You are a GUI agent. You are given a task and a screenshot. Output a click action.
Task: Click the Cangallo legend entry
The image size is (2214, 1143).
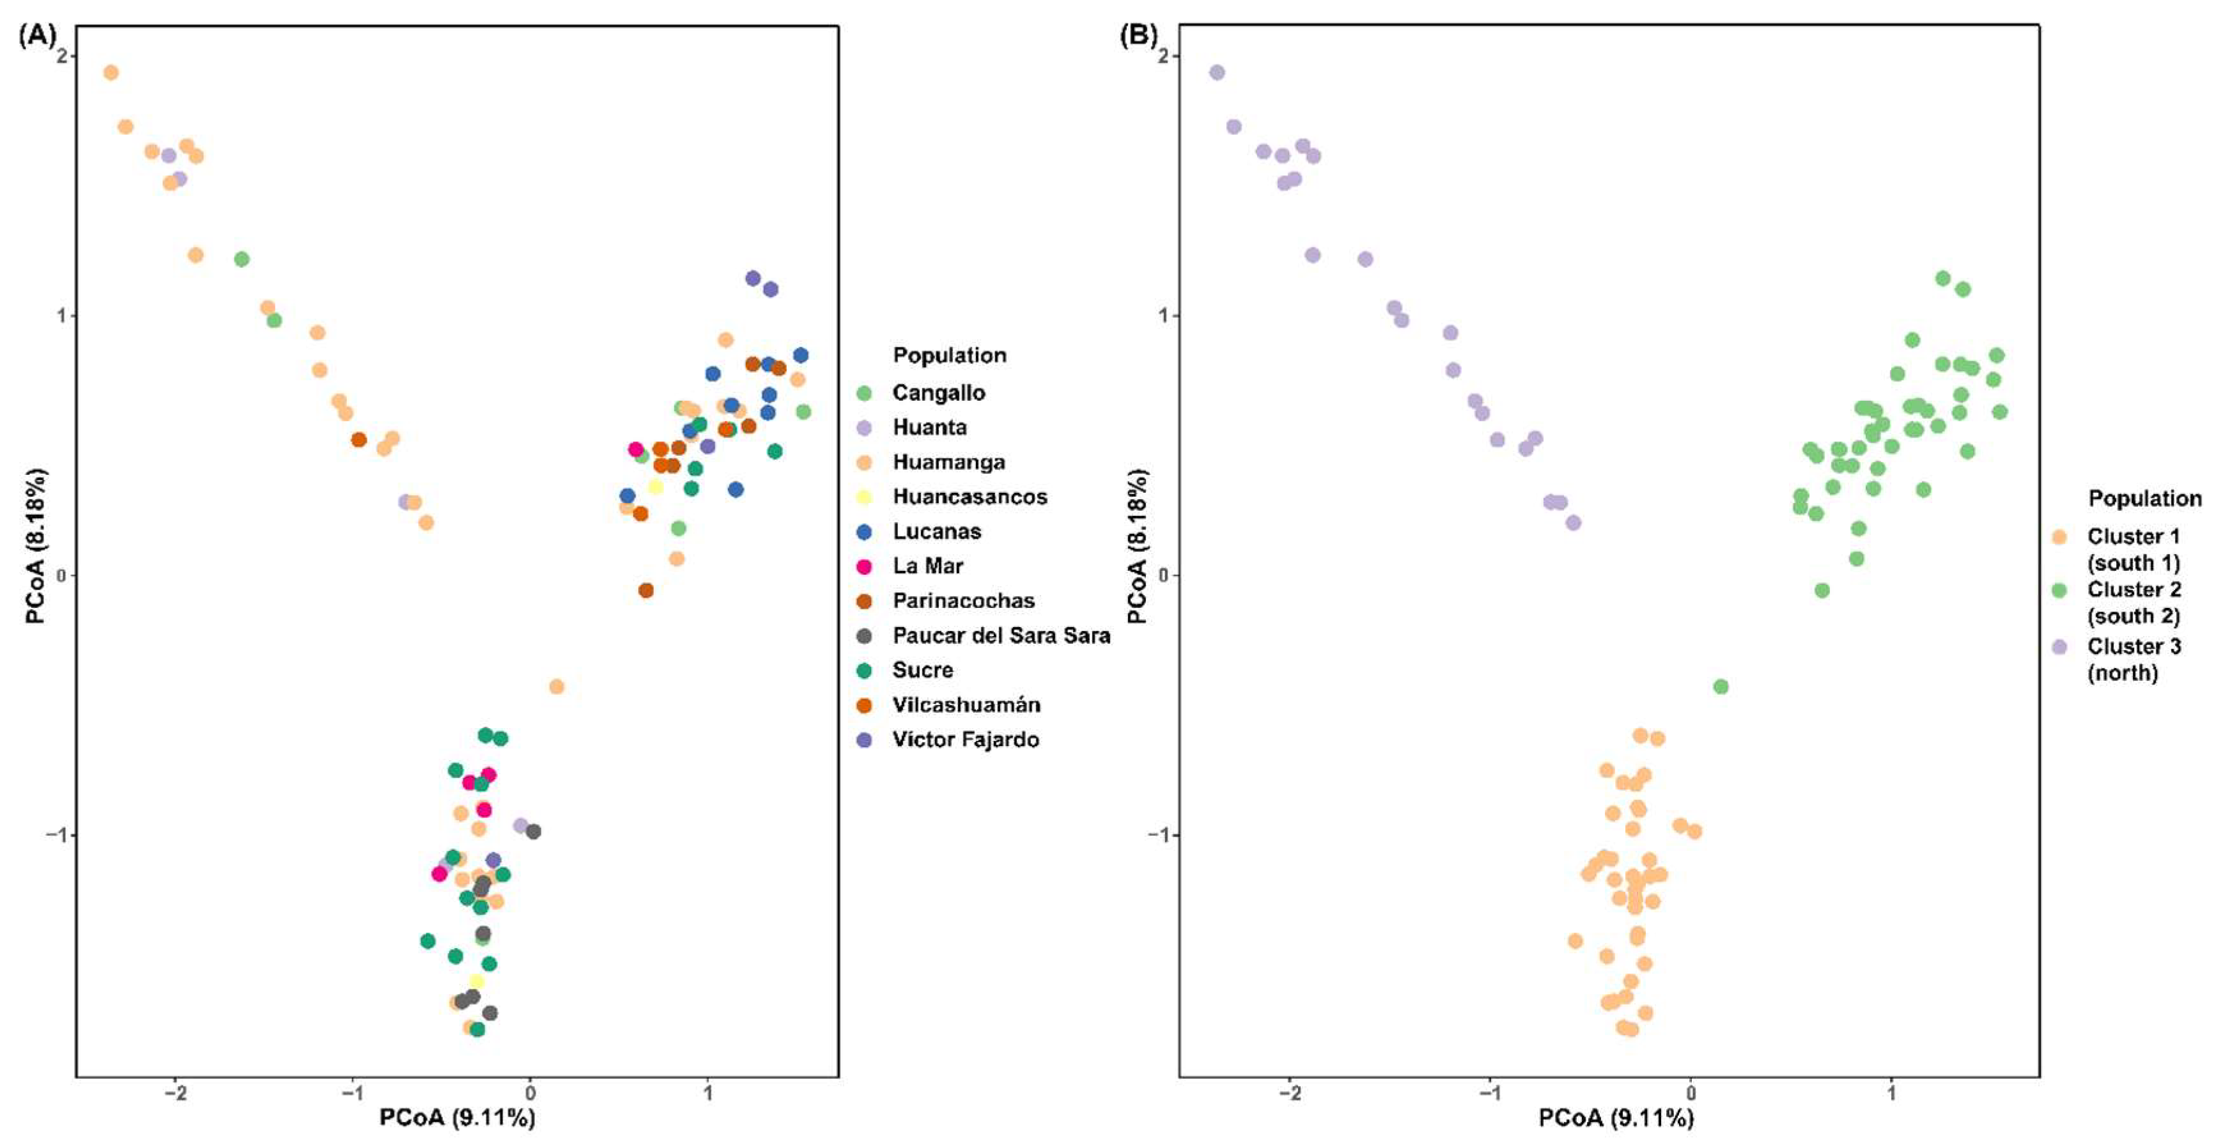pos(938,393)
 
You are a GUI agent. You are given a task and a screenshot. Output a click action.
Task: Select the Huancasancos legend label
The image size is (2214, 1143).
pos(970,497)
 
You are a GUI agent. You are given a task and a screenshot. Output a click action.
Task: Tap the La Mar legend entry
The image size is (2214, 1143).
pos(927,566)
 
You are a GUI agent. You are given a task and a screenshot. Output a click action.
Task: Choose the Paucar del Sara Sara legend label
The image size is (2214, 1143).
pos(1000,636)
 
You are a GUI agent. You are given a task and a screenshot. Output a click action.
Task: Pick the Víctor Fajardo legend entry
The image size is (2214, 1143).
pos(965,740)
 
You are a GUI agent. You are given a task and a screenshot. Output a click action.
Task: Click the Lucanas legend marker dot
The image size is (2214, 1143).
pos(865,532)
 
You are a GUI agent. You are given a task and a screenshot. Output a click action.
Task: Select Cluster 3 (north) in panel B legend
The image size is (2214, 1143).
pos(2133,659)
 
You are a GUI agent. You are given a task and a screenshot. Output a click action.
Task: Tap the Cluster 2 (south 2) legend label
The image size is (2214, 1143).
pos(2133,602)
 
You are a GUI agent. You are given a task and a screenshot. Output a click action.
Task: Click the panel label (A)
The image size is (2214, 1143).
pos(37,36)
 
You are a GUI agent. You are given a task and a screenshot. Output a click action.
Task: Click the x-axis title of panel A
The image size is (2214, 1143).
pos(457,1117)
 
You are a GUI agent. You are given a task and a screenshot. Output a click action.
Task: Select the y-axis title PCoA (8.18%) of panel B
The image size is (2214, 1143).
pos(1137,547)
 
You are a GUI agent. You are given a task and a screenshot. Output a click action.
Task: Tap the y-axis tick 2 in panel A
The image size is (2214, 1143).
pos(61,56)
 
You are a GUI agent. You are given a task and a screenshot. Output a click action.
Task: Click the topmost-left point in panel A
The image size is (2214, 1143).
pos(110,72)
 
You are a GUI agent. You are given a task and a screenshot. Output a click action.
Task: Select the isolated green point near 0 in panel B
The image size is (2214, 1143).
pos(1720,687)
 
